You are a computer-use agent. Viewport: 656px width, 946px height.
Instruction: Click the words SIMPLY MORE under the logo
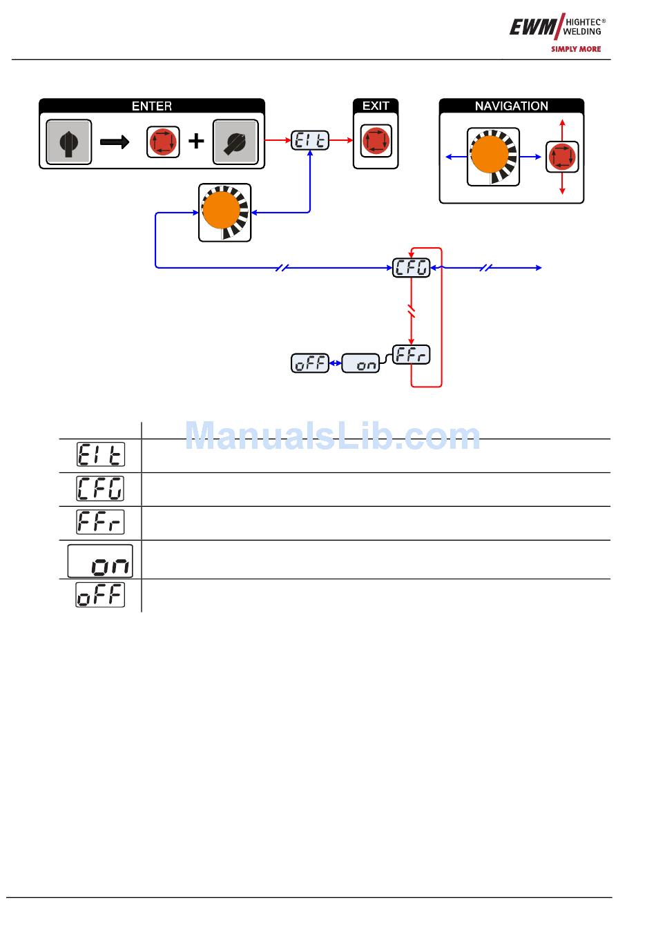[576, 49]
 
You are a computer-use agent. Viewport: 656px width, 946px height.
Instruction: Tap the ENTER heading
[152, 106]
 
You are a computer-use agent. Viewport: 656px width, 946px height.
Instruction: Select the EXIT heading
[376, 106]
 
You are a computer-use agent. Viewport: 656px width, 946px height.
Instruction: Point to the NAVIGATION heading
[511, 106]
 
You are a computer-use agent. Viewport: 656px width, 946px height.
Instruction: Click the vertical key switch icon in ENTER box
[68, 142]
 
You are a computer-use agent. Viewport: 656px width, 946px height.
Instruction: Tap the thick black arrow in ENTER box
[115, 142]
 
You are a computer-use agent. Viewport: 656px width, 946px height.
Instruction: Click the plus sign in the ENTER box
[197, 142]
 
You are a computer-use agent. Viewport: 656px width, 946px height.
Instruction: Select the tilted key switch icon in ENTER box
[235, 142]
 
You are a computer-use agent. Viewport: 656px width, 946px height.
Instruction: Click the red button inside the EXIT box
[376, 142]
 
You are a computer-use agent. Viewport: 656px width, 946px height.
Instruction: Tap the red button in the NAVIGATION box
[562, 157]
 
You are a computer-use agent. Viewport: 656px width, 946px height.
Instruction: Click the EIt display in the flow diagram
[309, 141]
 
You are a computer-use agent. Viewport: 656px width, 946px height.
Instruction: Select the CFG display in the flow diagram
[411, 267]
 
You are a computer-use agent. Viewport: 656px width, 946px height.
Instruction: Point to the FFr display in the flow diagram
[411, 355]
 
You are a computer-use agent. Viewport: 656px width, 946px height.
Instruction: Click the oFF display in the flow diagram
[310, 363]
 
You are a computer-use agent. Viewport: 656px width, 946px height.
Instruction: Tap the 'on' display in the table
[100, 561]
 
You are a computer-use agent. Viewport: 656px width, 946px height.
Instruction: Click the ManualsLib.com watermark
[332, 436]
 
